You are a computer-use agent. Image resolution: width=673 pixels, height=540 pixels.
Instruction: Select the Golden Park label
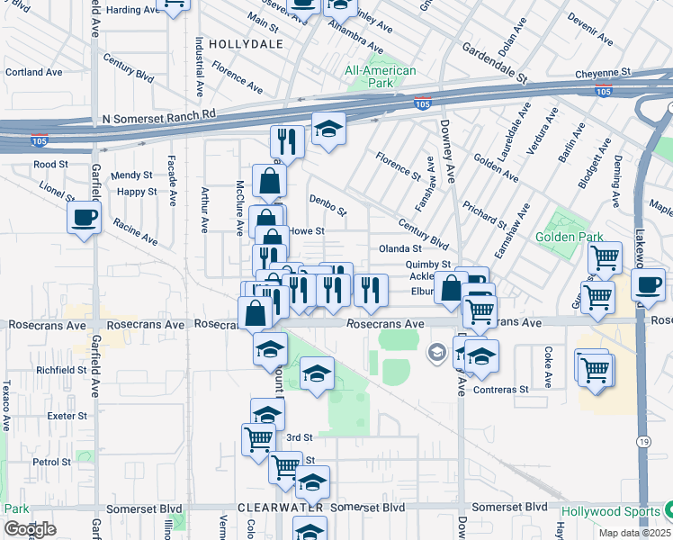click(x=567, y=238)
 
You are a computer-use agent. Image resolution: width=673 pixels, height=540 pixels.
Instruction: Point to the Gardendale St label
click(x=494, y=60)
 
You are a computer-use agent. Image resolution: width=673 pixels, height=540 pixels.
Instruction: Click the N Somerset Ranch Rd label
click(x=159, y=115)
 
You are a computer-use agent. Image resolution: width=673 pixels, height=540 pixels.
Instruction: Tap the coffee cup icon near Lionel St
click(x=85, y=218)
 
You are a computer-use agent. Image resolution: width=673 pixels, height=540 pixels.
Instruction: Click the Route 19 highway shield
click(x=646, y=441)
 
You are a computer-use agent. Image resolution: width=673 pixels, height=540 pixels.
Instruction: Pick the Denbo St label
click(x=328, y=206)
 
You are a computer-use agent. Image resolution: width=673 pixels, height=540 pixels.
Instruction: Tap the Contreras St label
click(x=502, y=389)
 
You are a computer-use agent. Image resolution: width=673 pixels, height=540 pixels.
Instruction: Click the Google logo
click(x=30, y=529)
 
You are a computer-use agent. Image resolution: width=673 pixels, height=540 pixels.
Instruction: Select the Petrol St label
click(x=50, y=462)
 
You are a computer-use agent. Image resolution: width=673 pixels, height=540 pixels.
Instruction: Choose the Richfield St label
click(x=60, y=370)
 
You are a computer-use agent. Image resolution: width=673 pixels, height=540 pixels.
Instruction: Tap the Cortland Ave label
click(x=33, y=72)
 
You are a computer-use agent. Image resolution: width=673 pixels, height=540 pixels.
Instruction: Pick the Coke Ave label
click(x=546, y=362)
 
